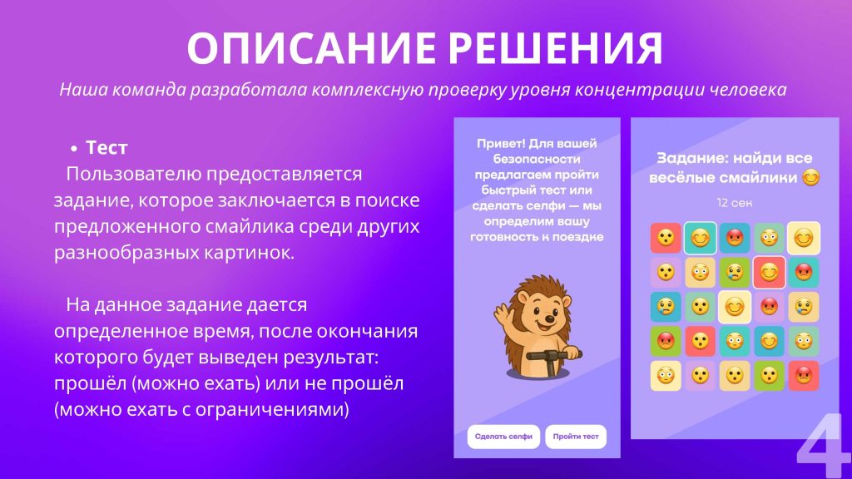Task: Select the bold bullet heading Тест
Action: tap(106, 147)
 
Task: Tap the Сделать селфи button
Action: tap(503, 437)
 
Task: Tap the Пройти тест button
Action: tap(576, 437)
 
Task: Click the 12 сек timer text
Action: tap(734, 203)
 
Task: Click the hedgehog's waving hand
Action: tap(503, 314)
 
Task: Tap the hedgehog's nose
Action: tap(547, 316)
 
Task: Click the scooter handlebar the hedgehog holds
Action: tap(553, 356)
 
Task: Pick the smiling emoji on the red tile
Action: tap(769, 272)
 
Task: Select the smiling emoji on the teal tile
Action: tap(700, 238)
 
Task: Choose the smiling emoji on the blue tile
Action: tap(769, 341)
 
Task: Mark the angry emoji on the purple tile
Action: tap(769, 307)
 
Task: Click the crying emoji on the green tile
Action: tap(734, 272)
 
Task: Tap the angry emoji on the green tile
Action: tap(665, 341)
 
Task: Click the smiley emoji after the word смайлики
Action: tap(810, 178)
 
